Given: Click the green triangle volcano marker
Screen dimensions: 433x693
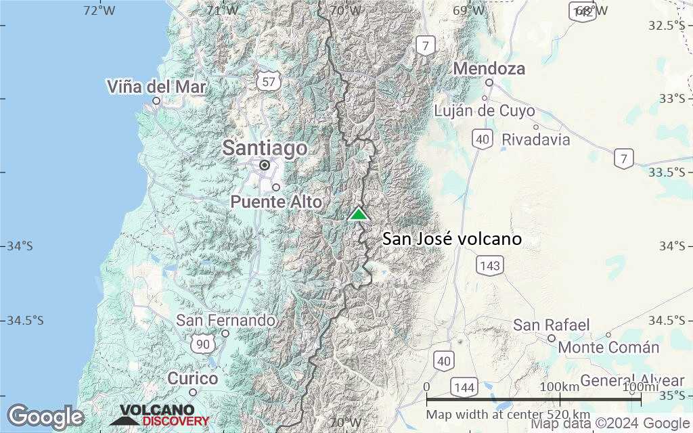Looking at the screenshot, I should (358, 214).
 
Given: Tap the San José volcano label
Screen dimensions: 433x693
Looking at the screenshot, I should (451, 239).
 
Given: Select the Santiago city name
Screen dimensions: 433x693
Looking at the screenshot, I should (265, 148).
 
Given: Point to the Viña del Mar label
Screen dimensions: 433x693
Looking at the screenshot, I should (157, 87).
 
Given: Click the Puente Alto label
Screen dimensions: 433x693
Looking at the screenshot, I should (276, 201).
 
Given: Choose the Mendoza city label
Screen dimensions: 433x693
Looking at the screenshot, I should (489, 69).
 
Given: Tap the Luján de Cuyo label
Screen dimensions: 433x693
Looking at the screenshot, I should (484, 111).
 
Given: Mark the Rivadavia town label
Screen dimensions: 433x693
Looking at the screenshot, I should (535, 140).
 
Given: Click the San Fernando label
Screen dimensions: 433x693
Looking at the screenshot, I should (226, 320).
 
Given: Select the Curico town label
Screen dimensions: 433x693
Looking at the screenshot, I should (193, 378).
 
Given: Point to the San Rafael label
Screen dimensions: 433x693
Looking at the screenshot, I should (552, 325).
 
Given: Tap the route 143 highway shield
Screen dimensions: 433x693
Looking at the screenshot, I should (489, 265).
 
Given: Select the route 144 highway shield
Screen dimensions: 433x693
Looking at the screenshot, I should (464, 388).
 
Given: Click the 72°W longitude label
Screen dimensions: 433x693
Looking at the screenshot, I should (99, 10).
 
